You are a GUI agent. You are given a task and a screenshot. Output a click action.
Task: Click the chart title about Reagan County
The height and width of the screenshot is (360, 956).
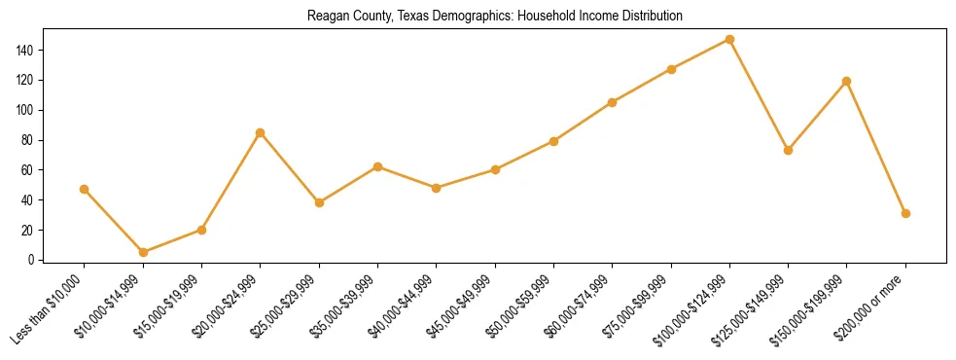click(x=494, y=17)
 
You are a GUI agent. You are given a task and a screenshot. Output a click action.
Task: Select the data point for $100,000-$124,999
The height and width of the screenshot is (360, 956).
click(x=729, y=40)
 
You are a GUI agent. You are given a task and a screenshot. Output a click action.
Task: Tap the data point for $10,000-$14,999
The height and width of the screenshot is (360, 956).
click(x=143, y=252)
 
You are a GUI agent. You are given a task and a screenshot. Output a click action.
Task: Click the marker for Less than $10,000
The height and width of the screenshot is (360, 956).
click(x=85, y=189)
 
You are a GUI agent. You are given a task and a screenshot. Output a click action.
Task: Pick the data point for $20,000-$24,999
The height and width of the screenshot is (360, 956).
click(x=260, y=132)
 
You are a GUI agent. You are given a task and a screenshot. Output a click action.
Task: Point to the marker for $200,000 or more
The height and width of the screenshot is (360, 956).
click(x=905, y=213)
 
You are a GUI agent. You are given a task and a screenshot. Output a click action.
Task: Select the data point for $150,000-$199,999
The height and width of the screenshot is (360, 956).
click(x=846, y=81)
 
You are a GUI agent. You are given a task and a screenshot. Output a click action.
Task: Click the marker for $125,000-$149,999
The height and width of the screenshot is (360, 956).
click(x=788, y=150)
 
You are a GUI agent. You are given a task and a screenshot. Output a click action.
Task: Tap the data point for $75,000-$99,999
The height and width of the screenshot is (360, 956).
click(x=671, y=69)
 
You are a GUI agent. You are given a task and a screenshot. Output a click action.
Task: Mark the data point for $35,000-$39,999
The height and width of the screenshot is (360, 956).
click(x=377, y=166)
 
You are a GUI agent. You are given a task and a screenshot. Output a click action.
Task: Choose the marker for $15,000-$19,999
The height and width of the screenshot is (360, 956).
click(x=201, y=230)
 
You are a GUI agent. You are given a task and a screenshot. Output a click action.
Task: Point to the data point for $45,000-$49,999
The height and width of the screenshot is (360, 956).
click(x=495, y=169)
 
